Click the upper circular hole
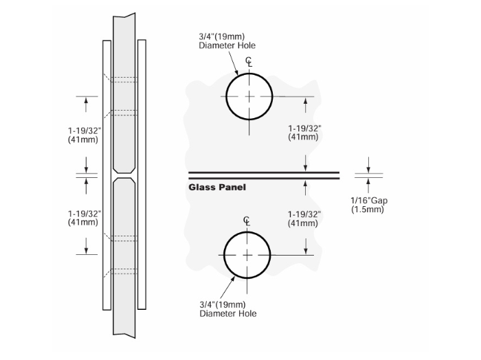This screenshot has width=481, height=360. tap(248, 97)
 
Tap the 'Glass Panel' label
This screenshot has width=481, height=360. tap(217, 187)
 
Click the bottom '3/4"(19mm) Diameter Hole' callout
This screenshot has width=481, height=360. tap(227, 308)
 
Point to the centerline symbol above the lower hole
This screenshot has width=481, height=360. tap(247, 221)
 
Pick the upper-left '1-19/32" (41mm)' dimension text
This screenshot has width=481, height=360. tap(85, 134)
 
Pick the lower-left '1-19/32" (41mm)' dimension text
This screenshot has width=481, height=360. tap(85, 217)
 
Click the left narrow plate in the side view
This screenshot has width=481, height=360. tap(107, 172)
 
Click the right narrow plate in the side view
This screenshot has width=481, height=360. tap(142, 172)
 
